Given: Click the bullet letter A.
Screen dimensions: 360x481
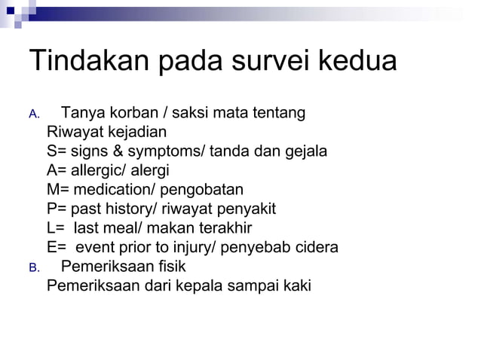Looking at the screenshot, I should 32,115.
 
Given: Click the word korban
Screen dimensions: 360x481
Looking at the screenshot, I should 128,114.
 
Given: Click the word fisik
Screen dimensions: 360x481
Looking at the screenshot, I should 169,266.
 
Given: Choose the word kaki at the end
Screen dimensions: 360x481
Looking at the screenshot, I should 296,285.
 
